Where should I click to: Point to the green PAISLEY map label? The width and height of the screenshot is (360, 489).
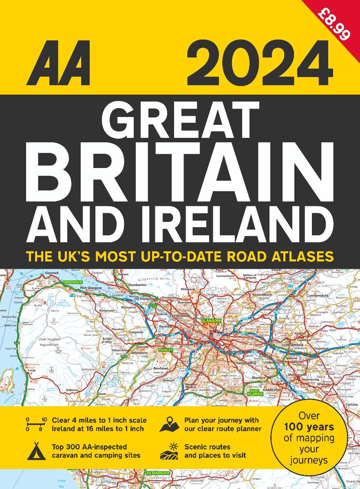click(x=166, y=350)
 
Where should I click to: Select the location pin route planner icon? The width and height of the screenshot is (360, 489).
click(x=170, y=424)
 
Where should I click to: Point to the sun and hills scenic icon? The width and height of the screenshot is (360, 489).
click(x=169, y=451)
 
